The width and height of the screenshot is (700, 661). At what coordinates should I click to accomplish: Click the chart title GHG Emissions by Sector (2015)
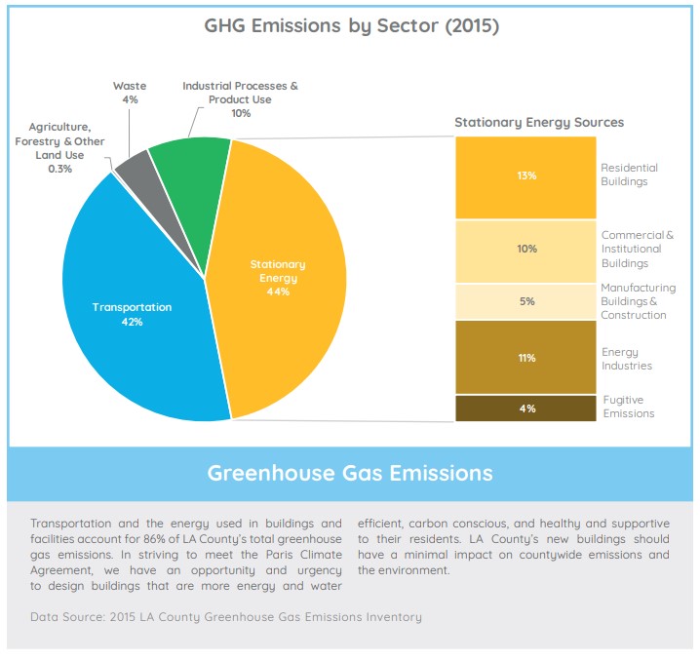(x=350, y=26)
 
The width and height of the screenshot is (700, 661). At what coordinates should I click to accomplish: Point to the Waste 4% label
(x=129, y=93)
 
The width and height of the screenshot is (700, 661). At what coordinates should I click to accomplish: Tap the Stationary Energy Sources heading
(x=539, y=122)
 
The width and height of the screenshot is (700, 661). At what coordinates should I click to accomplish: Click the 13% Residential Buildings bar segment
(x=526, y=176)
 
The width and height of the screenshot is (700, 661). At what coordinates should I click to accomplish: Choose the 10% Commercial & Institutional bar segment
(x=526, y=250)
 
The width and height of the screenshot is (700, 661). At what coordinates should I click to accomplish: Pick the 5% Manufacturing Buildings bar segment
(x=526, y=301)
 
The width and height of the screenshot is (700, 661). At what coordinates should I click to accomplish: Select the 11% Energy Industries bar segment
(x=526, y=357)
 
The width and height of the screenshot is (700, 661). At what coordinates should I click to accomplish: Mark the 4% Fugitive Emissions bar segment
(x=526, y=408)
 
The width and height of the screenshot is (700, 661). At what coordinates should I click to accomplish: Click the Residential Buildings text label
(x=629, y=175)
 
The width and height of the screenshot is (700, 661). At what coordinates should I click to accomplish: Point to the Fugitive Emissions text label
(x=629, y=407)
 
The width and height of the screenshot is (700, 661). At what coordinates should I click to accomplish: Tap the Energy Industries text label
(x=626, y=358)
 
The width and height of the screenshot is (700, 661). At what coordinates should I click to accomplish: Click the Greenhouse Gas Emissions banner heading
(x=350, y=474)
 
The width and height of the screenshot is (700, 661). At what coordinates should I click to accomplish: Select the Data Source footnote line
(x=226, y=617)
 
